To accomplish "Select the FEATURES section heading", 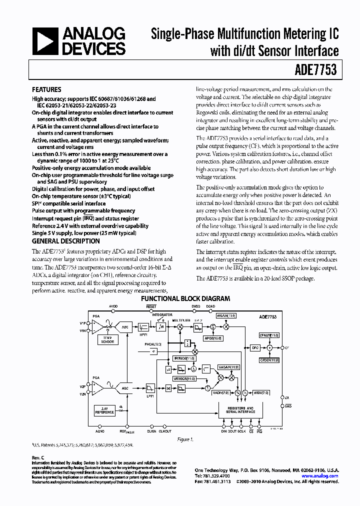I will pos(46,90).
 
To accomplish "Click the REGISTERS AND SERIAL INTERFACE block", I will pos(236,409).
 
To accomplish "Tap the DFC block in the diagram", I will pos(255,347).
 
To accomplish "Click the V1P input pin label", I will pos(82,323).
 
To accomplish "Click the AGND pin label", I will pos(100,431).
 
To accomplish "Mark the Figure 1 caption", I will pos(185,439).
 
